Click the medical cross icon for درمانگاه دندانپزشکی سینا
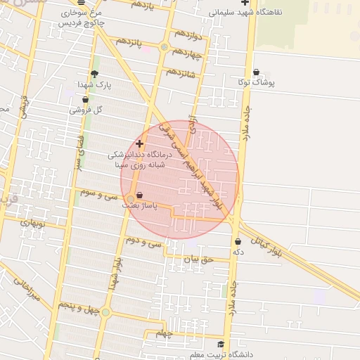pyautogui.click(x=139, y=143)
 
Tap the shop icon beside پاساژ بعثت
pyautogui.click(x=139, y=195)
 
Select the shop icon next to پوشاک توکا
pyautogui.click(x=255, y=72)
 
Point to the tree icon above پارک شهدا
pyautogui.click(x=95, y=73)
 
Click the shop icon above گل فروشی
pyautogui.click(x=85, y=99)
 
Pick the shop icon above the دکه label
pyautogui.click(x=238, y=241)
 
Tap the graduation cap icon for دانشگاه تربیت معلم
pyautogui.click(x=221, y=344)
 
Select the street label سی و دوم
pyautogui.click(x=144, y=240)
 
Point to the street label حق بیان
pyautogui.click(x=197, y=258)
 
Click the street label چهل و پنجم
pyautogui.click(x=75, y=307)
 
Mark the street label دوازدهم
pyautogui.click(x=188, y=33)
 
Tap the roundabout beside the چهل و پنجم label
pyautogui.click(x=105, y=311)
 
